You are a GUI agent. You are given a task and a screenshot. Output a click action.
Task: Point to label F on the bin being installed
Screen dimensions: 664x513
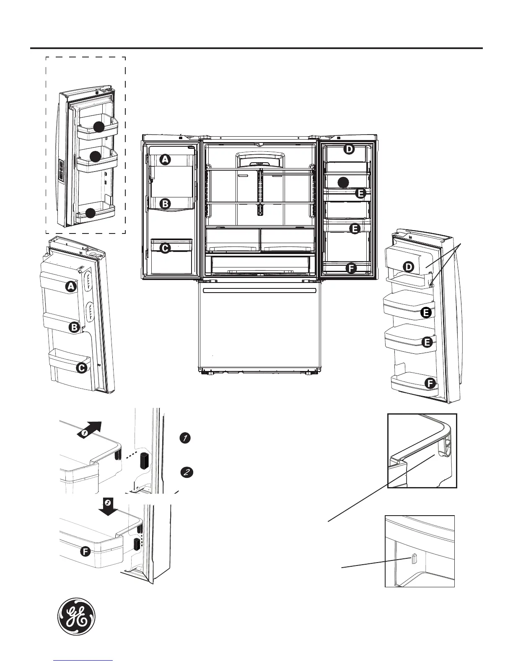85,552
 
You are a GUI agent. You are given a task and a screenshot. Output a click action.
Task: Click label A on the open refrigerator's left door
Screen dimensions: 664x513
166,160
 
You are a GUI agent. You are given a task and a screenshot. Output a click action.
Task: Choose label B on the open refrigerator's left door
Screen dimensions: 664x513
166,204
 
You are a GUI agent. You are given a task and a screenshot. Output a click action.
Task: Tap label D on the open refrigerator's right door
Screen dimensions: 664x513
349,149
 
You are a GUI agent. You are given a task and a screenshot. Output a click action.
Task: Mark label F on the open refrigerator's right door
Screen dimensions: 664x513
351,268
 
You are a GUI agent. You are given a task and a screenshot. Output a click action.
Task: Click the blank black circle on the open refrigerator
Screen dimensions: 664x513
343,182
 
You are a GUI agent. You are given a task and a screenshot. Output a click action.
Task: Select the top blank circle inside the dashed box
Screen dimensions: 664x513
99,127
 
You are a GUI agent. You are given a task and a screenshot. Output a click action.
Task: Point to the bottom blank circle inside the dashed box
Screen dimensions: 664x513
90,213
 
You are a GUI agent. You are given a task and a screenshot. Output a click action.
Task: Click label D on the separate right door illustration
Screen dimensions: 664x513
408,267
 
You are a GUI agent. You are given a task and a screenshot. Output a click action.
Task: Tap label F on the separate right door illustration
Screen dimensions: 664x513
429,383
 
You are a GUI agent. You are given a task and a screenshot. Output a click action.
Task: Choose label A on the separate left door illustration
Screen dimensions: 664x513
71,287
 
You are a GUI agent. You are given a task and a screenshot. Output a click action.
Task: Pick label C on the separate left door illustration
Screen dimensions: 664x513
81,368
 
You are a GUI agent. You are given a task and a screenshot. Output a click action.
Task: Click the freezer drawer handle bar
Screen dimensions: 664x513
259,290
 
